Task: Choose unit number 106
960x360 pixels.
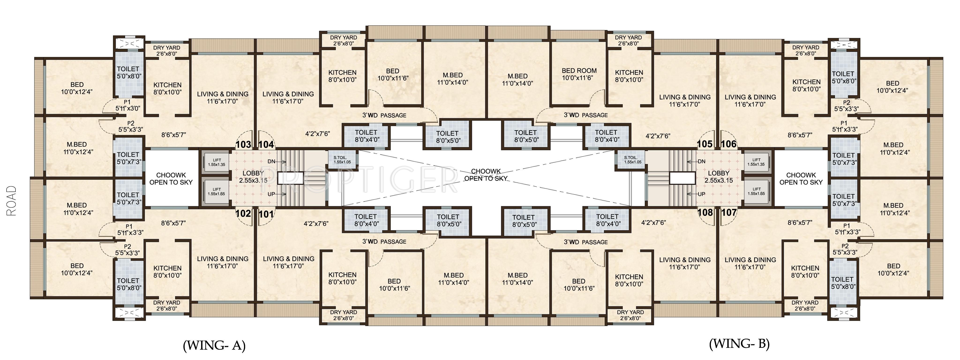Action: [x=729, y=144]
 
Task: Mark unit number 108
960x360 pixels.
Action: [x=705, y=213]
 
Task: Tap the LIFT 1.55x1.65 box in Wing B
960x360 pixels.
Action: [x=756, y=191]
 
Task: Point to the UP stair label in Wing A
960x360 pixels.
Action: [x=272, y=194]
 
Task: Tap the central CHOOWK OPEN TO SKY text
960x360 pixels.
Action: [x=486, y=175]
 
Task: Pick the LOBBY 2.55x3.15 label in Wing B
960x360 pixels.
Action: [x=719, y=177]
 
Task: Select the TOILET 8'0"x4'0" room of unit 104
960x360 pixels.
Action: [x=366, y=136]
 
